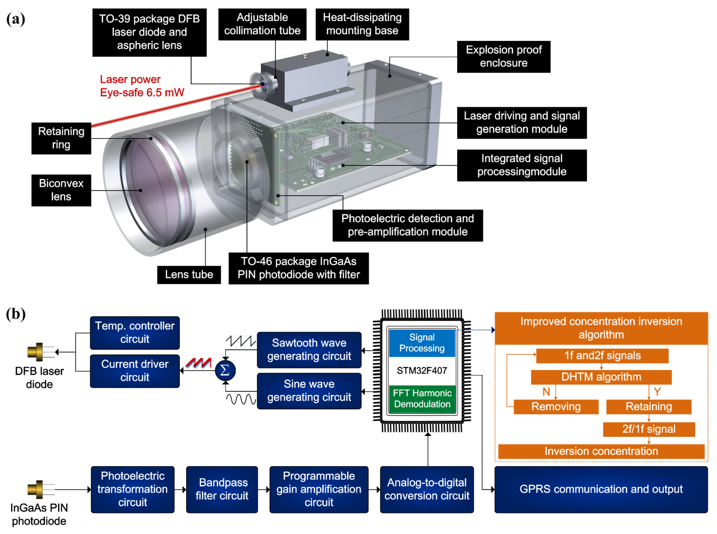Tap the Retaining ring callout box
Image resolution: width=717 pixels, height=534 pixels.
61,138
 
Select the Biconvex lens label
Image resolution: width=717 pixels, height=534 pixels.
61,190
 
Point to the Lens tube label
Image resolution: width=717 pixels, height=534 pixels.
189,274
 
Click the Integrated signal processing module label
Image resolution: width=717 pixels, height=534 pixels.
521,165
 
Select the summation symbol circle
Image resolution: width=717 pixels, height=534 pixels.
225,370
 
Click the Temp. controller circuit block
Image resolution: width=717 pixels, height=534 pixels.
135,333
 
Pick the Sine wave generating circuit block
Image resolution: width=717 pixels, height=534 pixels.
309,391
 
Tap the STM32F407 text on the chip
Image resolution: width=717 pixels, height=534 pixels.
422,370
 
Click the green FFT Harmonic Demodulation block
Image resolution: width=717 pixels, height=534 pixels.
422,398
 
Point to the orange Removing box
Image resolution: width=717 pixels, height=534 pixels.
556,407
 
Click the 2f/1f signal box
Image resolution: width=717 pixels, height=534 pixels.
649,429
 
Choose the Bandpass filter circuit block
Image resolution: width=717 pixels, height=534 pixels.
222,489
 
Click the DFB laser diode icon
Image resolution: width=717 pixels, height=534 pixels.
36,352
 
